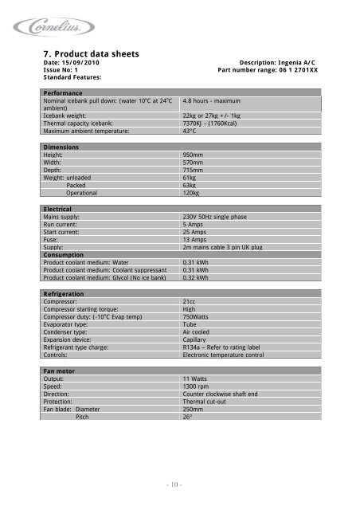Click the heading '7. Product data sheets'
92,54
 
